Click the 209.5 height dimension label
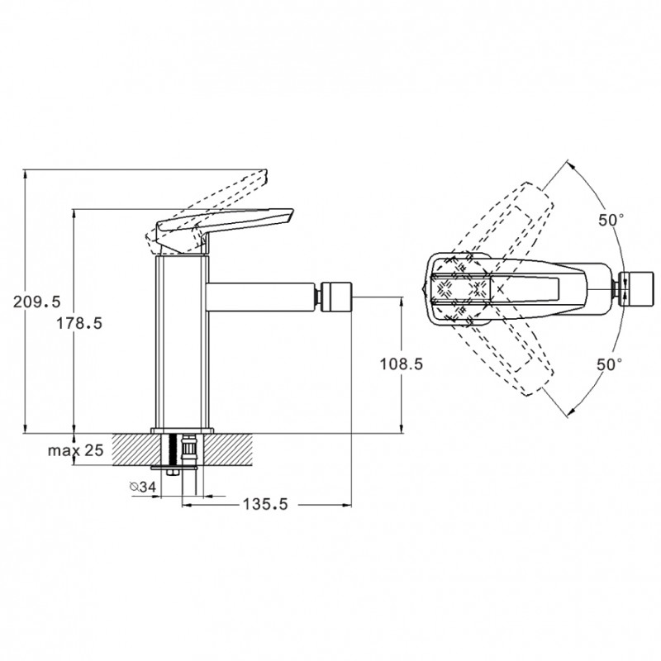coord(37,302)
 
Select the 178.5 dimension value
coord(79,323)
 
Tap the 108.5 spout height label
coord(402,364)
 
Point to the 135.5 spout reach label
coord(265,504)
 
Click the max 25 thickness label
coord(75,450)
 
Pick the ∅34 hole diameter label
coord(143,487)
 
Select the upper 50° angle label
coord(611,220)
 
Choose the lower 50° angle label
coord(609,364)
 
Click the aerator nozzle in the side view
coord(336,297)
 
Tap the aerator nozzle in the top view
coord(639,288)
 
